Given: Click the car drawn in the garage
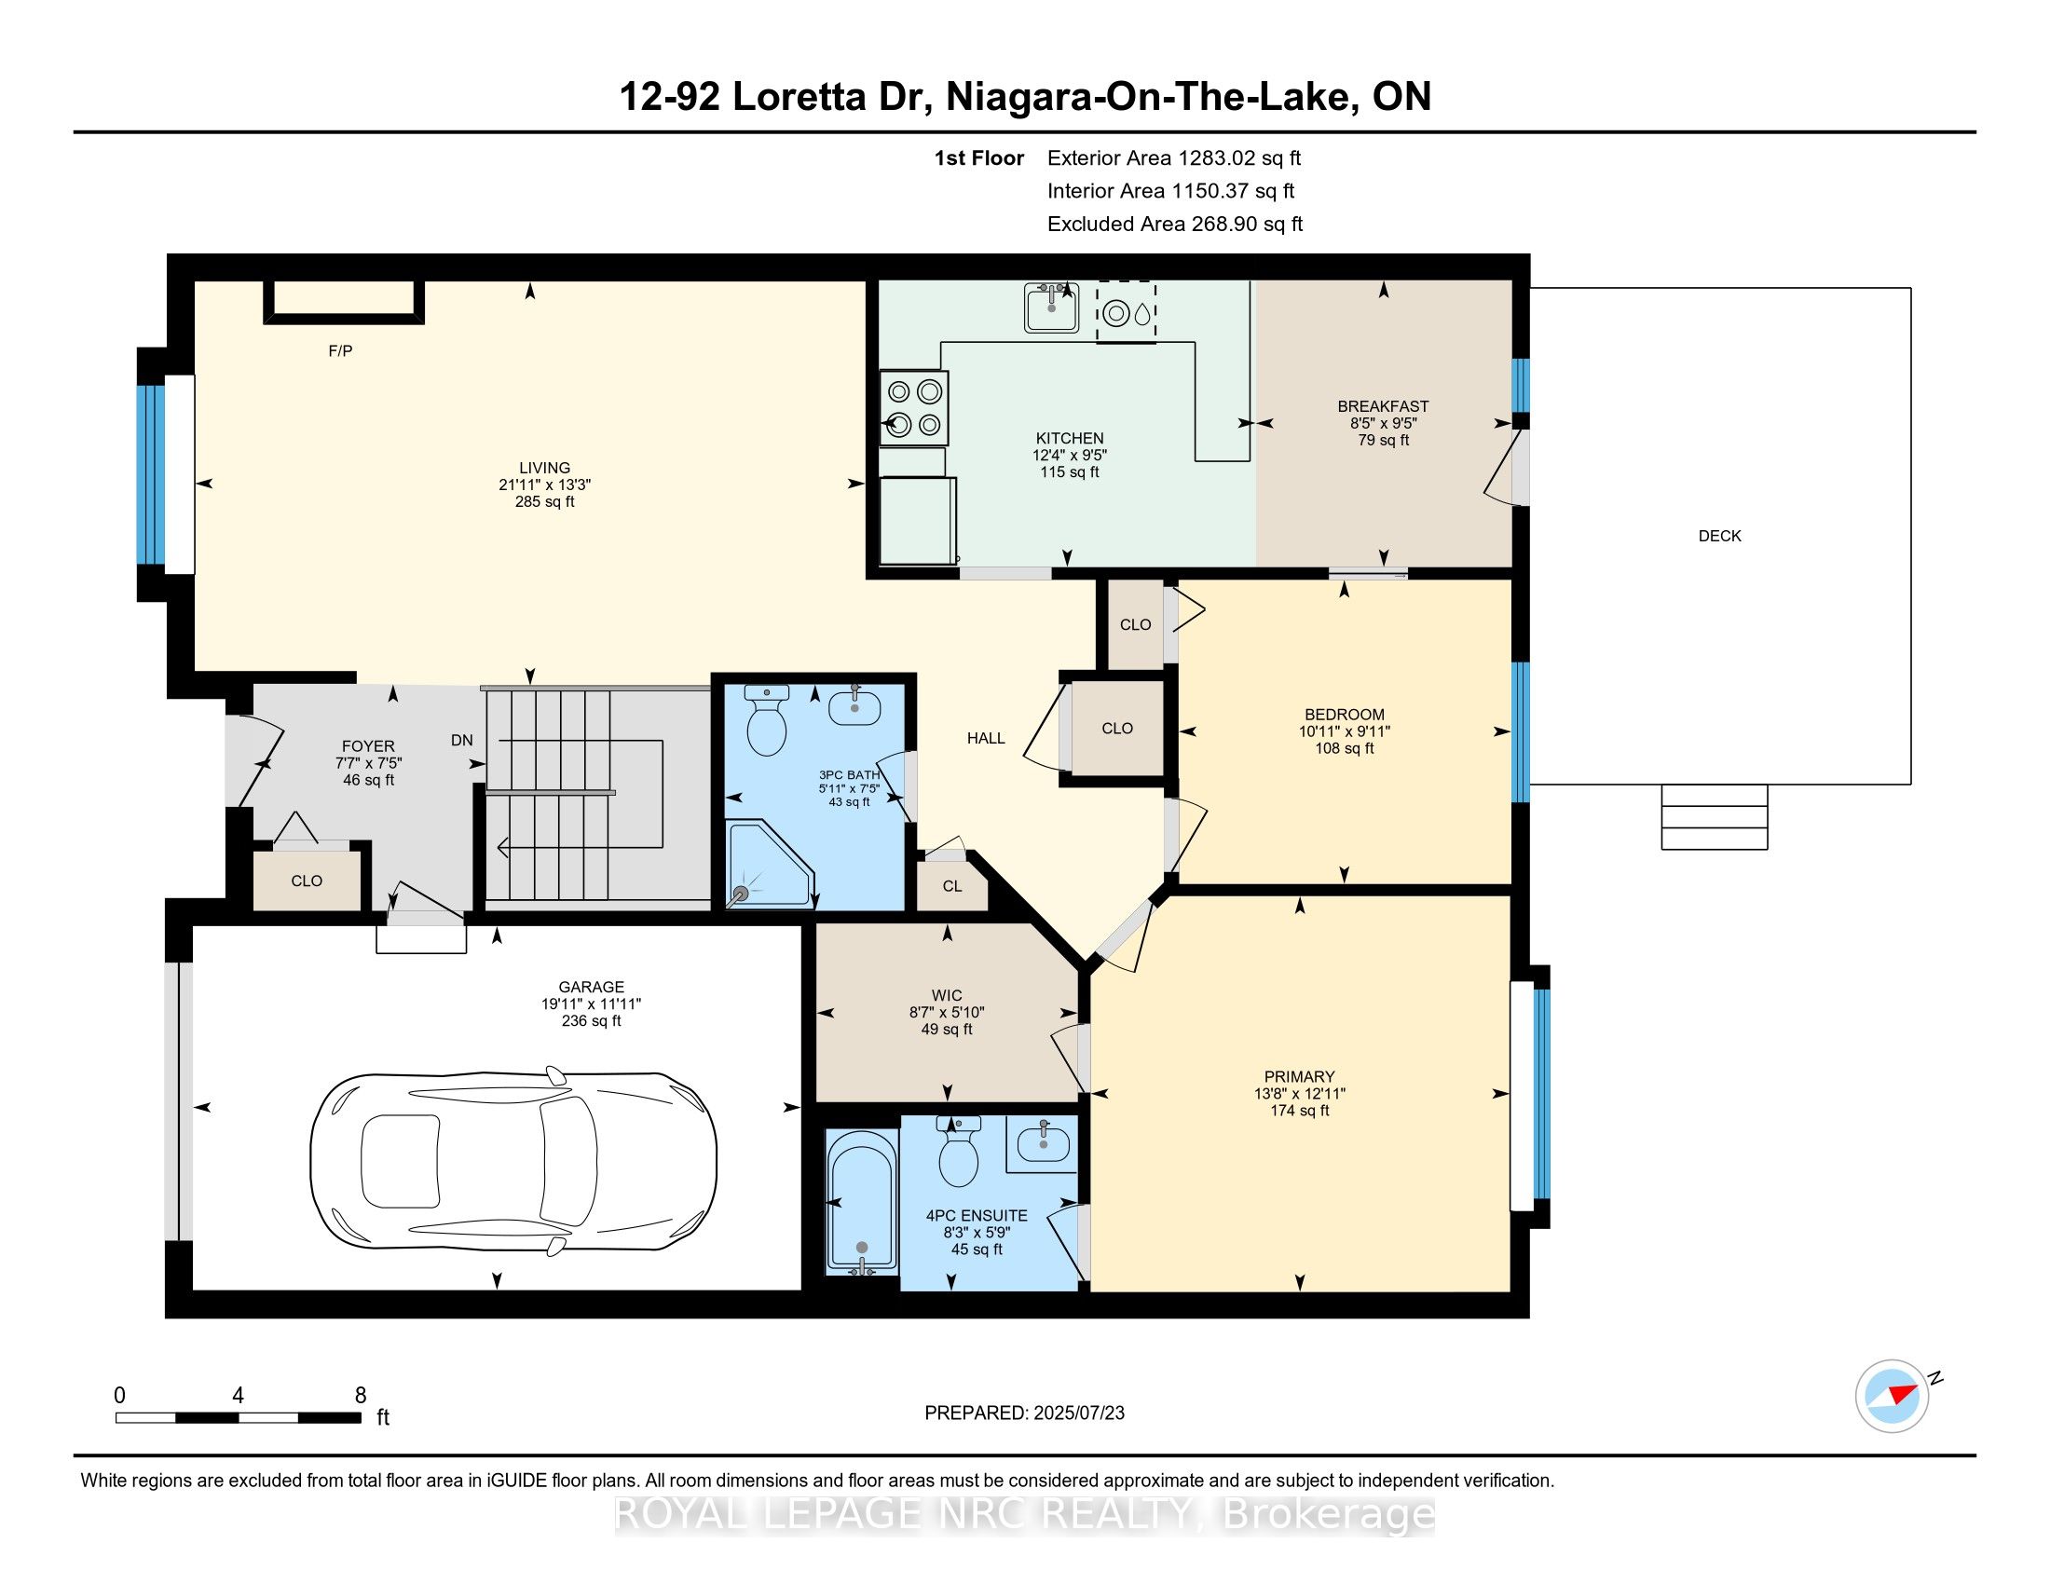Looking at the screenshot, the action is point(513,1164).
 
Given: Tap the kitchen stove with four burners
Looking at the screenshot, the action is point(913,407).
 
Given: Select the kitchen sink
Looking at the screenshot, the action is point(1051,307).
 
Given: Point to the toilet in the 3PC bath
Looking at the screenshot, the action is point(766,720).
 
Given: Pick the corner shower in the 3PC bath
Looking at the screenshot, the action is point(771,866).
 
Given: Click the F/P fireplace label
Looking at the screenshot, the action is point(340,351).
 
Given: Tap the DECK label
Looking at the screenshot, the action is point(1719,536).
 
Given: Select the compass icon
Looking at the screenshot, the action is point(1892,1397).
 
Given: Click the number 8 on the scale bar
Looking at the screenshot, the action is point(361,1396).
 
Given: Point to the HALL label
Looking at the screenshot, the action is point(986,739).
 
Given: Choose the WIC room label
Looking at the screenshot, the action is point(946,996).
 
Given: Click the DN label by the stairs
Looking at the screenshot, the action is point(462,741).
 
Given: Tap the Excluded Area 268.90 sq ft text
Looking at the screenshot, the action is point(1175,225).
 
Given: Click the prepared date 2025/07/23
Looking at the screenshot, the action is point(1077,1413).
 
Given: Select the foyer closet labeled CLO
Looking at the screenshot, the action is point(307,881).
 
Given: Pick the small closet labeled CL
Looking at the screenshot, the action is point(951,886).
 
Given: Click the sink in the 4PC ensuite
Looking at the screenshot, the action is point(1043,1143).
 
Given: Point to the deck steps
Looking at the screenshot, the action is point(1714,817).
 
